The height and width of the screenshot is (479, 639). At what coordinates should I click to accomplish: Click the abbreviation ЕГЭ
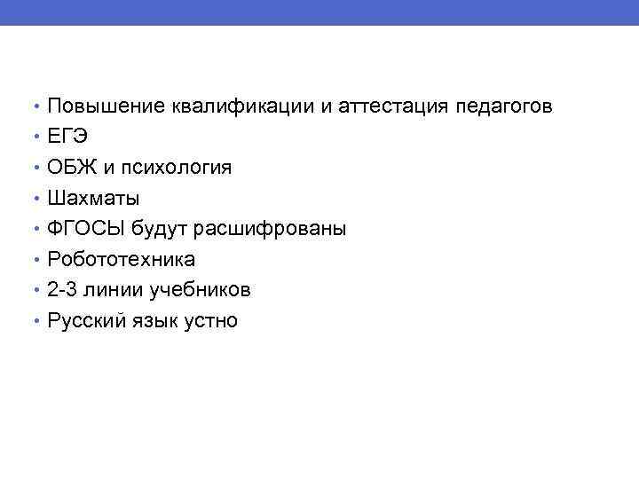coord(69,137)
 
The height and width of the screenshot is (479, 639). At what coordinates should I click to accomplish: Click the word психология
coord(182,168)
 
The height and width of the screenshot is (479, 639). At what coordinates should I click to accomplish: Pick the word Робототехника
coord(122,260)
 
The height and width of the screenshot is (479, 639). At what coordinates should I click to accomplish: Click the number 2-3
coord(65,290)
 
